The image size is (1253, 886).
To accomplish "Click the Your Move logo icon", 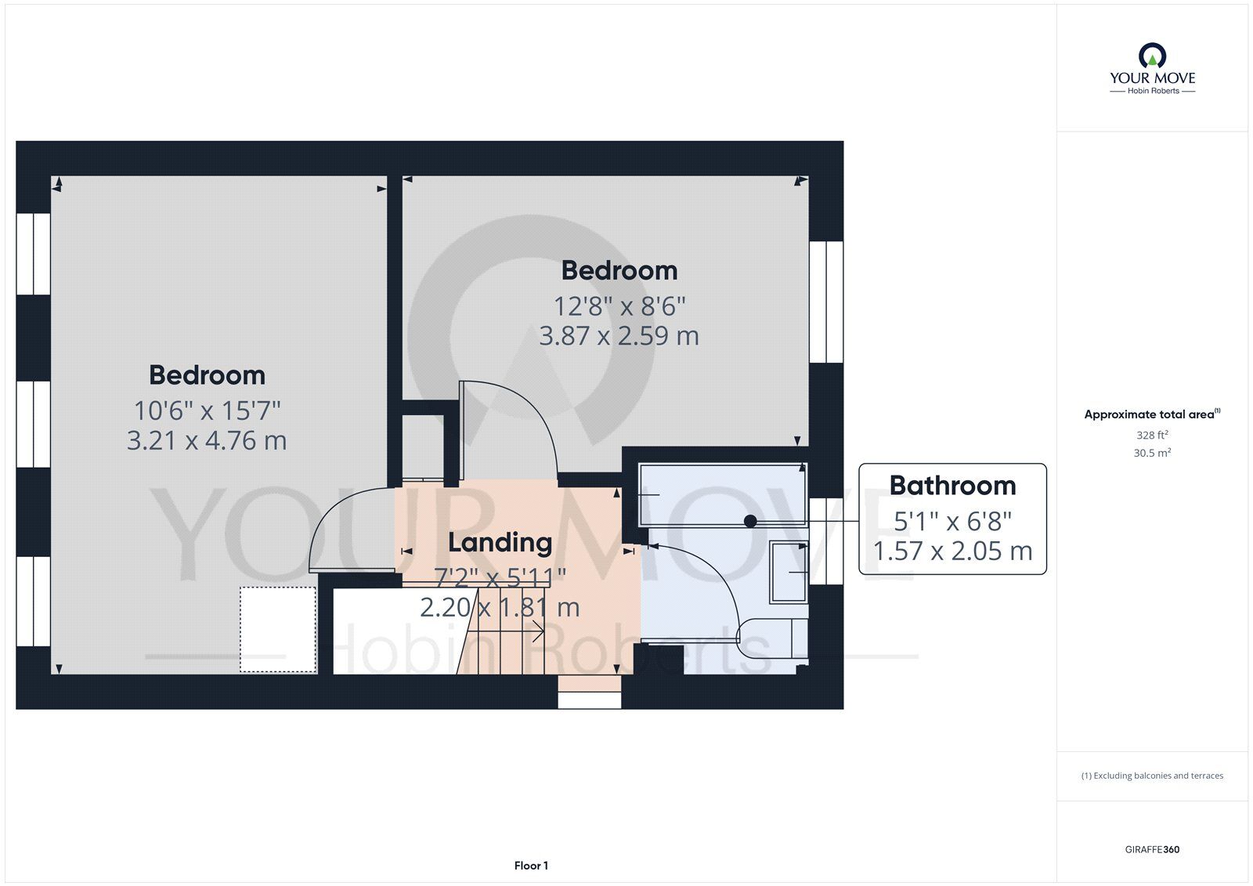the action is [1152, 56].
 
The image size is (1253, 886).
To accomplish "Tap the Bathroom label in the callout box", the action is [952, 485].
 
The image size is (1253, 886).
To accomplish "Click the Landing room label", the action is [500, 543].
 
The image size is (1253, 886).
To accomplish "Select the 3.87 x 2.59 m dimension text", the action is [619, 336].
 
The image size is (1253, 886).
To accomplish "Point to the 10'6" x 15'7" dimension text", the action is [207, 410].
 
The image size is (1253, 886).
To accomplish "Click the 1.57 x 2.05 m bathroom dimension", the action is [952, 551].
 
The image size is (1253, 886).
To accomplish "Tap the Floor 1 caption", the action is [531, 866].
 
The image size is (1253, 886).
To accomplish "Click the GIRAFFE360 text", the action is [1152, 849].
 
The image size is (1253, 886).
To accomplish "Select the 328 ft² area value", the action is [1152, 435].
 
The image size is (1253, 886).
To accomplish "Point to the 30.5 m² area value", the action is [1152, 453].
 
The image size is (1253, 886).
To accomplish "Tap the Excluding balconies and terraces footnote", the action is [1152, 776].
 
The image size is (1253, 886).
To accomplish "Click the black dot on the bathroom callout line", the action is [750, 522].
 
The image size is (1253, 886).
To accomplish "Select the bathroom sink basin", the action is [789, 572].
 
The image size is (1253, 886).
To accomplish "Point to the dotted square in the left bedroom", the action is [279, 629].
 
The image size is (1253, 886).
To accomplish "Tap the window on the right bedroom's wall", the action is [826, 302].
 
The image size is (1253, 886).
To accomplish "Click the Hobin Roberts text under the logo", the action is [1153, 91].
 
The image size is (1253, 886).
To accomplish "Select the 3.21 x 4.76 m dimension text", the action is [207, 440].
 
